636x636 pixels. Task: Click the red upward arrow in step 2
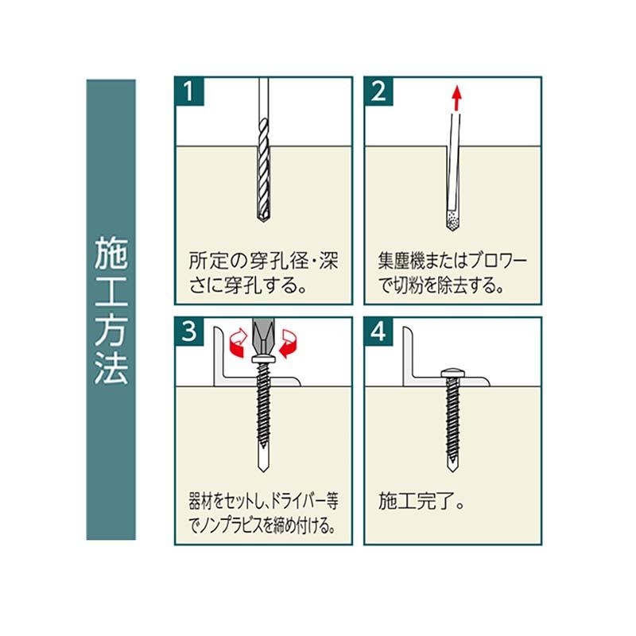coord(456,99)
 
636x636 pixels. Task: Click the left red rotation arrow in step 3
coord(236,343)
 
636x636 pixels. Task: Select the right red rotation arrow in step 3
coord(289,343)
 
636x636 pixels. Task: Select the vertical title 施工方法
coord(111,310)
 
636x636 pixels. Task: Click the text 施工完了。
coord(421,502)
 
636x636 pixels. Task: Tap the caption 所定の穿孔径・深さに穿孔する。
coord(263,272)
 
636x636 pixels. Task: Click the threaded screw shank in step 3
coord(262,413)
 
